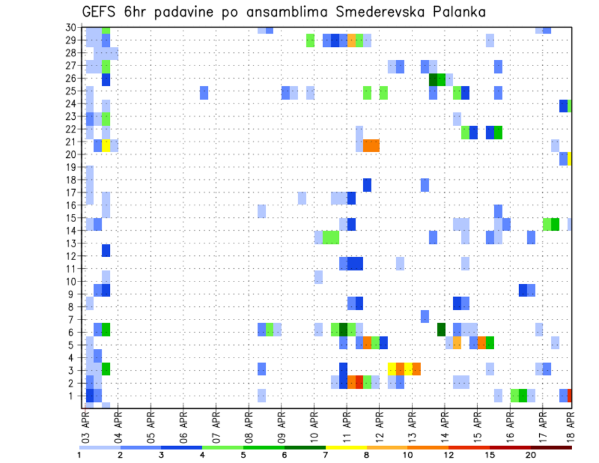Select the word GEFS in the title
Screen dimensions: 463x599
(103, 11)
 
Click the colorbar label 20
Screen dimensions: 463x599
(531, 454)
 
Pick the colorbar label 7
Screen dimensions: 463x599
(326, 454)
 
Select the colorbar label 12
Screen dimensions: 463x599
(449, 454)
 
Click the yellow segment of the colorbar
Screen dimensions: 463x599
(346, 447)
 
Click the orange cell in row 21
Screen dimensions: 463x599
(371, 145)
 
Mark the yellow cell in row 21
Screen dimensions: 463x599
(106, 145)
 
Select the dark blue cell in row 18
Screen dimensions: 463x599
(367, 185)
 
